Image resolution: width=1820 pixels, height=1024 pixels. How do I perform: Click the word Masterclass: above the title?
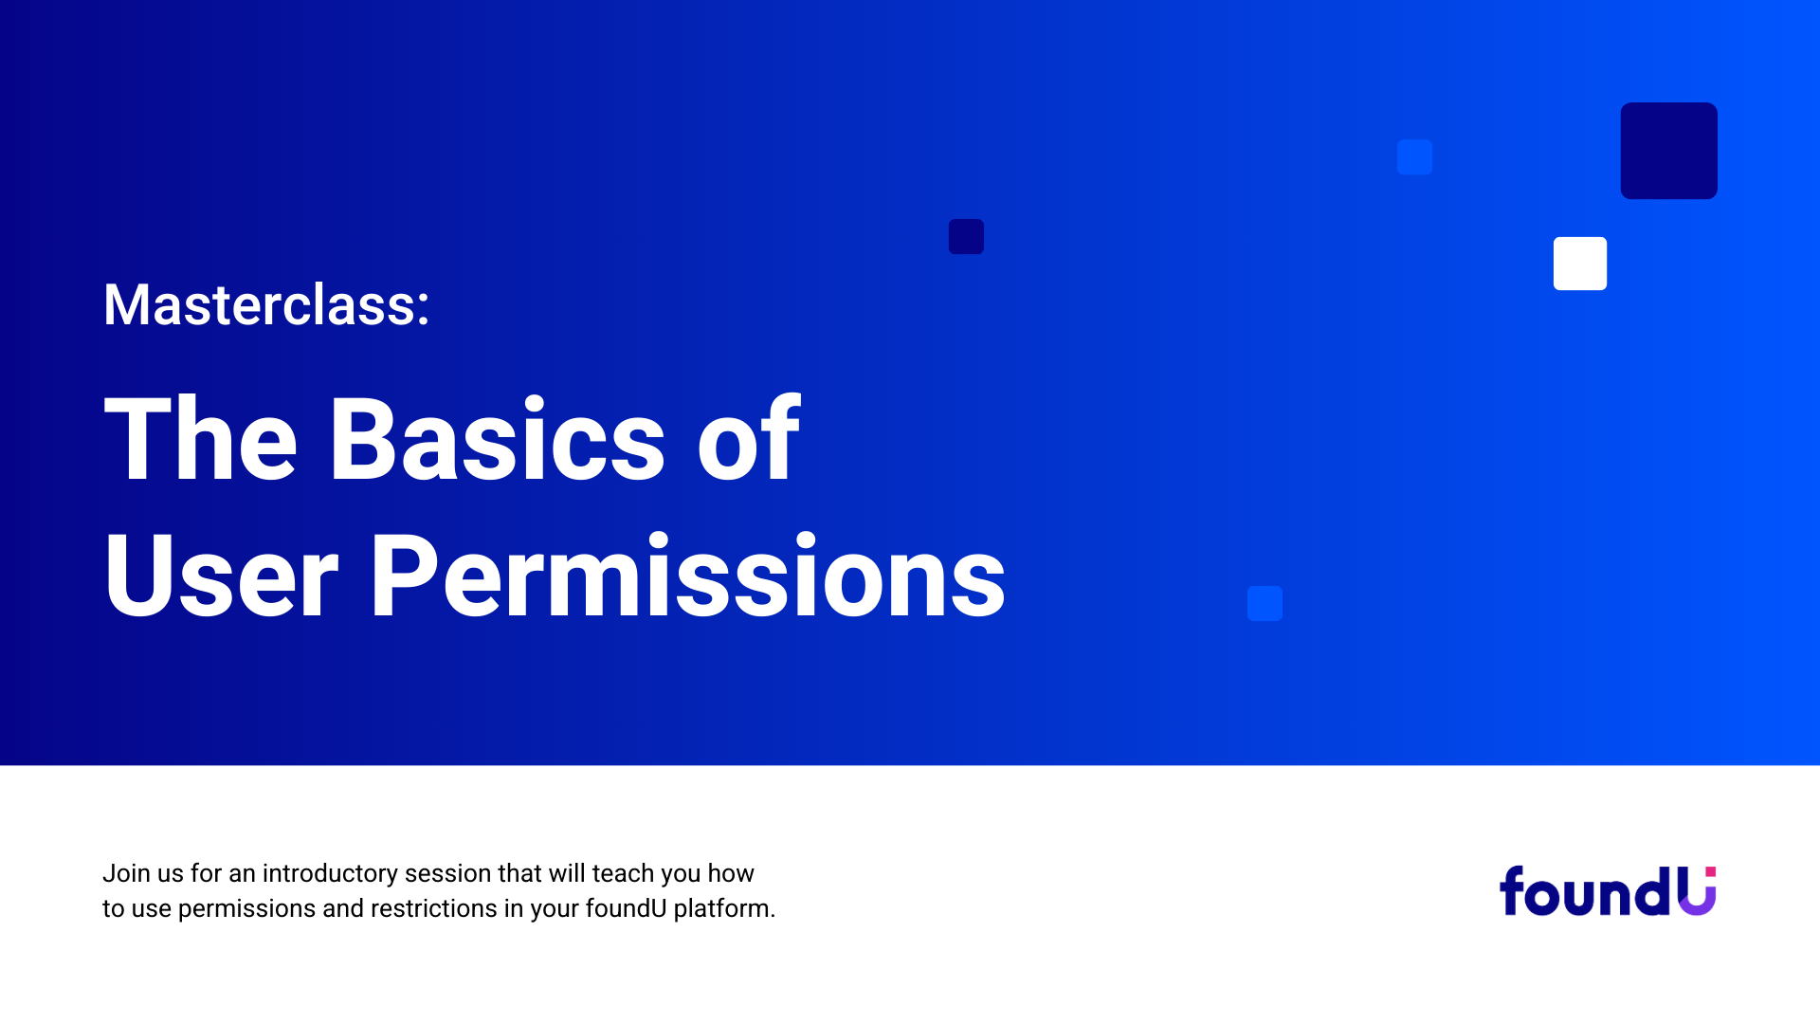[x=266, y=305]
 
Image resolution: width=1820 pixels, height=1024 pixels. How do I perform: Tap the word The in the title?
[x=201, y=439]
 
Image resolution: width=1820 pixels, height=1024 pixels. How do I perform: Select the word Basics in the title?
[x=497, y=439]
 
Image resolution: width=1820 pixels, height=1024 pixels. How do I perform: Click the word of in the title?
[x=749, y=437]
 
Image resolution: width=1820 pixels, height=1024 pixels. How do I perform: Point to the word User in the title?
[x=221, y=576]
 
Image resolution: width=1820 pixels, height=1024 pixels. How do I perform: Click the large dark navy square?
[x=1668, y=151]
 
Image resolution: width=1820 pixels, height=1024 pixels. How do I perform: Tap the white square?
[x=1580, y=264]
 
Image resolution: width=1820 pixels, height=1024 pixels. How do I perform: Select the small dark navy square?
[x=966, y=236]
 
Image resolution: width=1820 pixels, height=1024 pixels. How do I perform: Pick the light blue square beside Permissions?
[x=1265, y=603]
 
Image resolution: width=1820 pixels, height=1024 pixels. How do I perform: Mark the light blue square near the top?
[x=1414, y=156]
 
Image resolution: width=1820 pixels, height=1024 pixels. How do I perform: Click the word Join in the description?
[x=126, y=873]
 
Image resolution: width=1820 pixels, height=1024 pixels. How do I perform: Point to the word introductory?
[x=330, y=874]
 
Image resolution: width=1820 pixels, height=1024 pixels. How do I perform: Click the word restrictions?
[x=433, y=908]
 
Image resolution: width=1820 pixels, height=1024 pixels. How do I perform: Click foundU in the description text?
[x=626, y=908]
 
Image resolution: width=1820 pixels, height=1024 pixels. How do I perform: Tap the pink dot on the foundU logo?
[x=1710, y=871]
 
